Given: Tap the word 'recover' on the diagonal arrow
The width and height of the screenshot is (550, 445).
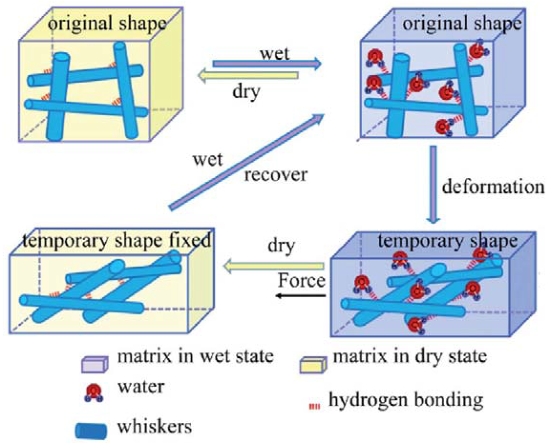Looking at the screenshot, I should coord(276,175).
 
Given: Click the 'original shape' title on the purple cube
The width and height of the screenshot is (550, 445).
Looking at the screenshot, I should coord(461,24).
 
